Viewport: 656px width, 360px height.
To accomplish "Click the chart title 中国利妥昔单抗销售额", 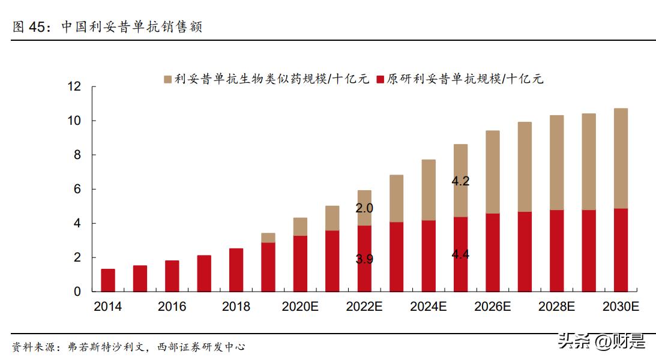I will click(x=132, y=27).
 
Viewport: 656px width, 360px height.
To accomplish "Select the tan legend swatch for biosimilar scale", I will click(x=167, y=79).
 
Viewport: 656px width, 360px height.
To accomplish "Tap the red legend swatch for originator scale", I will click(x=380, y=79).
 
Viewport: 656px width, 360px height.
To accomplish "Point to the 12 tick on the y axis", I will click(x=74, y=86).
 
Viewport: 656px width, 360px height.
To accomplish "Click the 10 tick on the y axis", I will click(x=74, y=121).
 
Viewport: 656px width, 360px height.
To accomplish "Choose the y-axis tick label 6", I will click(x=77, y=189).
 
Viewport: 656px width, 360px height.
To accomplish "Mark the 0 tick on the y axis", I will click(x=77, y=292).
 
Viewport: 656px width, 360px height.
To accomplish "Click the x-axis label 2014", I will click(x=108, y=307).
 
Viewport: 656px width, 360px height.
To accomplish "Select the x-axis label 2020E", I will click(x=300, y=307).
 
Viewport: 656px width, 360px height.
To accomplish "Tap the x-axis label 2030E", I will click(x=621, y=307).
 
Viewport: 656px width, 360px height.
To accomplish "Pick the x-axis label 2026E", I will click(x=492, y=307).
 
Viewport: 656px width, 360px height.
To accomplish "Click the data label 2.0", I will click(x=364, y=208).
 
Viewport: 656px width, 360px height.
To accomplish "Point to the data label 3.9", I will click(x=364, y=259).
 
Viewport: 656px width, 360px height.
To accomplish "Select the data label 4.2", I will click(x=460, y=181).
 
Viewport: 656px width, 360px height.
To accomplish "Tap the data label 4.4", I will click(x=460, y=254).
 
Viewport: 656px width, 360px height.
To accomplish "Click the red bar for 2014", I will click(x=108, y=280).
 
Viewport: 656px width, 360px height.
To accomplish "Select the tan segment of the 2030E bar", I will click(x=621, y=158).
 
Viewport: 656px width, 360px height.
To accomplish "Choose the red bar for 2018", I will click(x=236, y=270).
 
